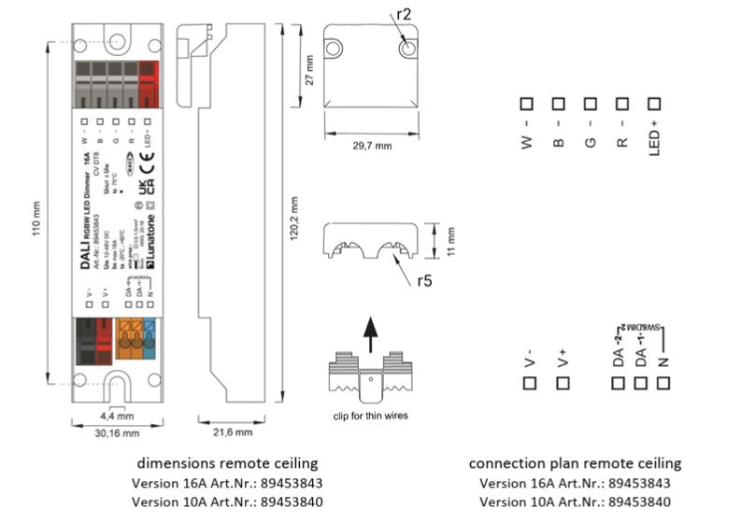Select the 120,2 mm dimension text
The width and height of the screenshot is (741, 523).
click(293, 220)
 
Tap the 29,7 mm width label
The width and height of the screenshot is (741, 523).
click(371, 146)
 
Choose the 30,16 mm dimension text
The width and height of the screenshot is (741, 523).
click(116, 433)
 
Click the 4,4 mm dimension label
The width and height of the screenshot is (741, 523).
click(117, 416)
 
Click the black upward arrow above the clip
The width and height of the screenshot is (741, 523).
click(371, 332)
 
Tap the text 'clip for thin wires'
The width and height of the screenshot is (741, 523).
click(371, 415)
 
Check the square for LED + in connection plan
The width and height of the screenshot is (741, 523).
click(654, 105)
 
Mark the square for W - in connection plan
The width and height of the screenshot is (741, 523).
click(527, 105)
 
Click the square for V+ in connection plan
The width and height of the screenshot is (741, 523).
click(562, 383)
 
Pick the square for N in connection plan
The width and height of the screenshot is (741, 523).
click(663, 383)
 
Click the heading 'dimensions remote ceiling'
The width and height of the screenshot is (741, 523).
click(228, 463)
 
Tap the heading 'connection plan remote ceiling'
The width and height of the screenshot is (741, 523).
click(575, 463)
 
